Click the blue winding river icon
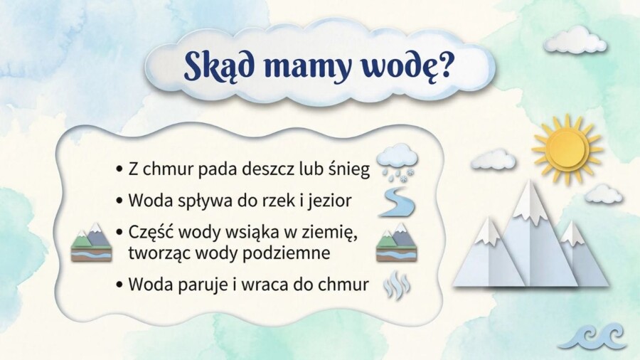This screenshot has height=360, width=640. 396,202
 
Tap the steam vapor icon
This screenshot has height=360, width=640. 396,286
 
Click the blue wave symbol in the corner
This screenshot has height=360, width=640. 592,334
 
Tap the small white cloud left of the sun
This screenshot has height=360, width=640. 493,160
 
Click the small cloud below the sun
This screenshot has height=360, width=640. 603,194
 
